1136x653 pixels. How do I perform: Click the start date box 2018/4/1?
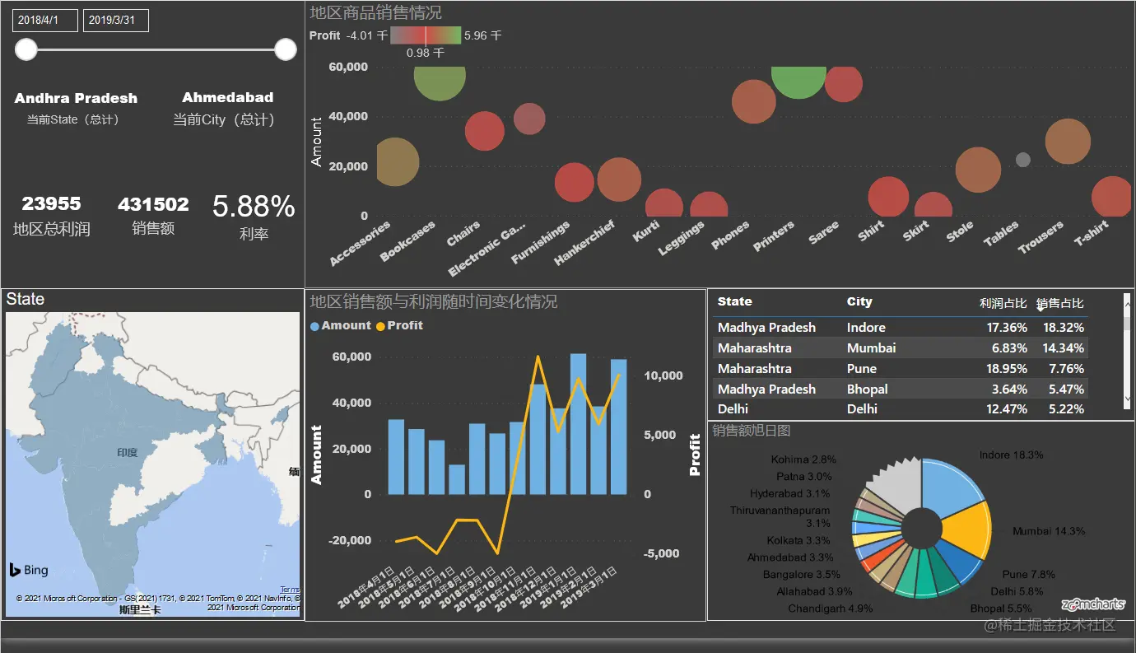click(44, 20)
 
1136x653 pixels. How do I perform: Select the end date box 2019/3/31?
click(115, 20)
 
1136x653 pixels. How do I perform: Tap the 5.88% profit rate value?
click(254, 207)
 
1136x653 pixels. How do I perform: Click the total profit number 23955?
click(51, 203)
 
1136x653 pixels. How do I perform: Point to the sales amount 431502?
click(153, 204)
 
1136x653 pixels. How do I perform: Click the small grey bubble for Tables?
click(1023, 160)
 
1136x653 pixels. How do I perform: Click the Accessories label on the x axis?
click(361, 243)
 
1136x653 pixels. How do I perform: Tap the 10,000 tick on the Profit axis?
click(663, 375)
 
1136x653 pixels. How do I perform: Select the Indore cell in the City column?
click(866, 328)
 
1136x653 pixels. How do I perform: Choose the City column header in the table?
click(859, 302)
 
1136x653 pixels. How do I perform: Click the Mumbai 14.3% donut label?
click(1048, 531)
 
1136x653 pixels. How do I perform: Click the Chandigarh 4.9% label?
click(830, 609)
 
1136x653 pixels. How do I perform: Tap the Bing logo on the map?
click(29, 570)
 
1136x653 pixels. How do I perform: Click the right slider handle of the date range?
click(286, 49)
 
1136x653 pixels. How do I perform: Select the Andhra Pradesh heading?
click(76, 98)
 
